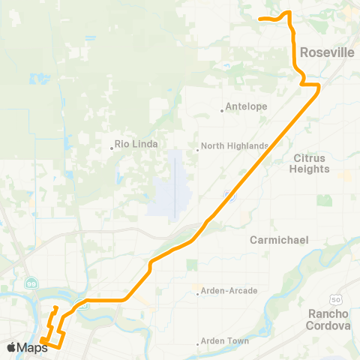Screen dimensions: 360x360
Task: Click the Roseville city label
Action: click(326, 53)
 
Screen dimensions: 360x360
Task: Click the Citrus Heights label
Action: click(310, 163)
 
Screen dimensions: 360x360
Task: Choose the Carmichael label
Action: click(279, 240)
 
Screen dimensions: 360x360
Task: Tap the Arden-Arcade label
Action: click(228, 290)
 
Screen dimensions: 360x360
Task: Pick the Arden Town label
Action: click(227, 340)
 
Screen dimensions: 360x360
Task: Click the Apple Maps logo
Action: click(28, 346)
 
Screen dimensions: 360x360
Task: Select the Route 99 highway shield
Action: click(31, 282)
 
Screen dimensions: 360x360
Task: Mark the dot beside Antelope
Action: click(223, 111)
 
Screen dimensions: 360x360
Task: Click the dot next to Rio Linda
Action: click(112, 148)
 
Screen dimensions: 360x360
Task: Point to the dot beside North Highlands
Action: click(197, 149)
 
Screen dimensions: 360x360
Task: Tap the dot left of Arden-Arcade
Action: click(197, 294)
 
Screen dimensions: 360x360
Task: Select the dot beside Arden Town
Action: click(199, 344)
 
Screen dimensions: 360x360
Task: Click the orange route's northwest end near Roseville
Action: click(259, 18)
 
